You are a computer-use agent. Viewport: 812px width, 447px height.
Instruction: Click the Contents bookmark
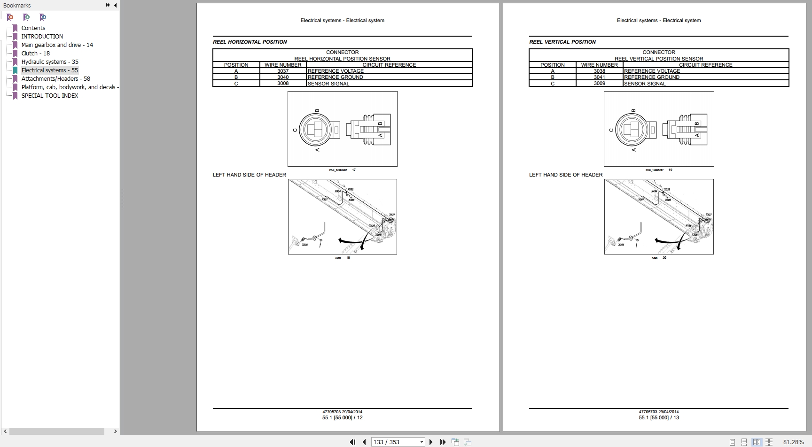pos(33,28)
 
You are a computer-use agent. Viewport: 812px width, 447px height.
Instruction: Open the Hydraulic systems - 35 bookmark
pos(49,62)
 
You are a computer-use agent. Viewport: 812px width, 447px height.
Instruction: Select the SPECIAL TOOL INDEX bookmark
pos(49,95)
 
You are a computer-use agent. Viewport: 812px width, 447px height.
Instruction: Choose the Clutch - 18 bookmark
pos(35,53)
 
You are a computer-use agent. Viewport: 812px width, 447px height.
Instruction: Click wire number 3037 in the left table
pos(283,71)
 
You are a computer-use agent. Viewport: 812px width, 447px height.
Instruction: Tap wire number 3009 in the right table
pos(599,84)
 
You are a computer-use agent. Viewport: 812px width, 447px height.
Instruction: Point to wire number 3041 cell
pos(599,77)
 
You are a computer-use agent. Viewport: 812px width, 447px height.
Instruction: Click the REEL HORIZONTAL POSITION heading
pos(250,42)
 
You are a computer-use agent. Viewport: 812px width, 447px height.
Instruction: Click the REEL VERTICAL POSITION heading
pos(562,42)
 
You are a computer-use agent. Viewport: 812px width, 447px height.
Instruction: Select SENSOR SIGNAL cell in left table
pos(328,84)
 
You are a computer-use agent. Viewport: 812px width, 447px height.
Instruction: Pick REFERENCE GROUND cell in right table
pos(651,77)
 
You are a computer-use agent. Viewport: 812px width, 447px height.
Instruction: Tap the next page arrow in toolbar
pos(431,442)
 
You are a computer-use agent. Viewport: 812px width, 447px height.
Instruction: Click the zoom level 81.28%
pos(793,442)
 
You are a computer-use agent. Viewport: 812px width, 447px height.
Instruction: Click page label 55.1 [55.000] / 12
pos(342,417)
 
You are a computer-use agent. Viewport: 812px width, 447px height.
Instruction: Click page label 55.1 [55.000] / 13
pos(658,417)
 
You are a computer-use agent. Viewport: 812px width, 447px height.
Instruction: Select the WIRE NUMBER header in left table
pos(283,65)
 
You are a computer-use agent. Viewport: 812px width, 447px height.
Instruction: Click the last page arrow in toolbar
pos(443,442)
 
